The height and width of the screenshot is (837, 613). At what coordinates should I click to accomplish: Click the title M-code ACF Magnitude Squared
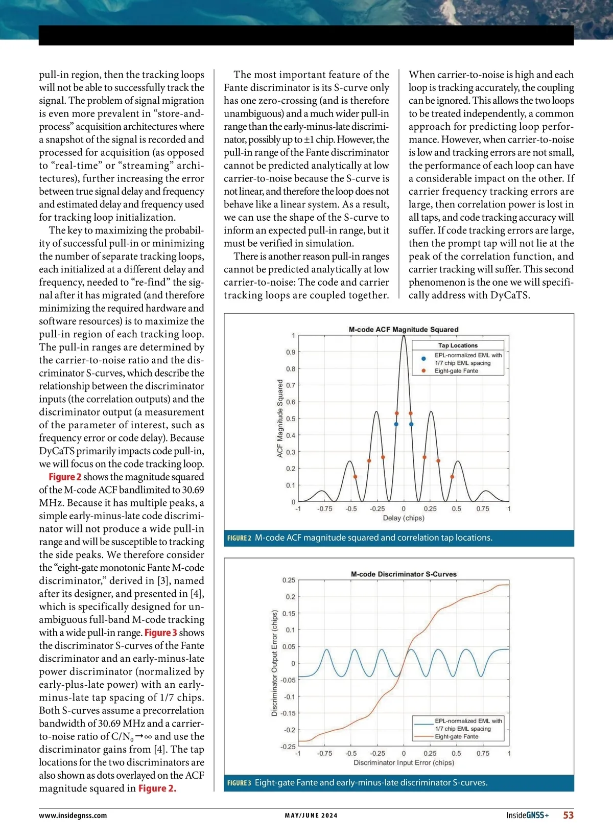point(404,330)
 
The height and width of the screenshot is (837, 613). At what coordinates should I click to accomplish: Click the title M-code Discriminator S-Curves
point(404,574)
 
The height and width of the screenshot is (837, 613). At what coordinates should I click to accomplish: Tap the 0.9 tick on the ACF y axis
point(291,352)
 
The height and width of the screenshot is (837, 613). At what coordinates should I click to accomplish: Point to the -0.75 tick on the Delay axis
point(325,509)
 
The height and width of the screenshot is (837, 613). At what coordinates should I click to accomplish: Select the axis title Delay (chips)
point(404,518)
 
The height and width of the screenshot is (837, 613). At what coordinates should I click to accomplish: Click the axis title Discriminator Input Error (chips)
point(404,763)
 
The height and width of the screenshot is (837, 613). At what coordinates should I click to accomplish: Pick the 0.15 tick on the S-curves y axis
point(289,613)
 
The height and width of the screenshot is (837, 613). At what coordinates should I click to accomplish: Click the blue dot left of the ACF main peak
point(396,424)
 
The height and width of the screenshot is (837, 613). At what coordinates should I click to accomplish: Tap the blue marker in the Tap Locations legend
point(423,359)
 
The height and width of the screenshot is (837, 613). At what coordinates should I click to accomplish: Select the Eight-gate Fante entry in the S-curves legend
point(456,737)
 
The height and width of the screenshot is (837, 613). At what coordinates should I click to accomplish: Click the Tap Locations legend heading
point(458,345)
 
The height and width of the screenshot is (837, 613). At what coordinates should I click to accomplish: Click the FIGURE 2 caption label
point(239,538)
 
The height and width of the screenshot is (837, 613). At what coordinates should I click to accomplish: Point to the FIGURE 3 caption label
point(239,783)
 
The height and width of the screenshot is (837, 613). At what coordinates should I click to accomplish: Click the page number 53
point(568,816)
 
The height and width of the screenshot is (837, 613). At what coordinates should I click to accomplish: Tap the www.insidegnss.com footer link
point(73,816)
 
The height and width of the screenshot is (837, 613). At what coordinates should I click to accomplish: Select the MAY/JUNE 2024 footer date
point(311,816)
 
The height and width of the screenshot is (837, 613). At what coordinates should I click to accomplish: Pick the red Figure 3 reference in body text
point(160,633)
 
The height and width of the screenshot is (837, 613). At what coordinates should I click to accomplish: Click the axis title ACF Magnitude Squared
point(280,418)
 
